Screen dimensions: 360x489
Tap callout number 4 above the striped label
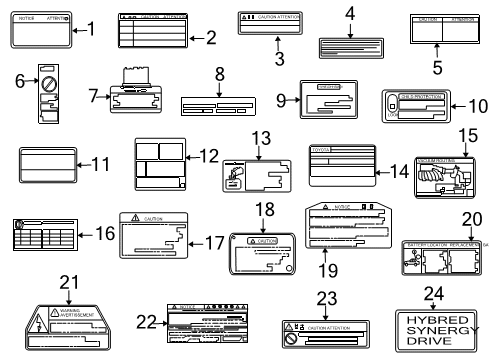pyautogui.click(x=350, y=13)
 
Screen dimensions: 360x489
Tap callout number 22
pyautogui.click(x=147, y=320)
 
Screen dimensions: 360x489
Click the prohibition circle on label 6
pyautogui.click(x=46, y=80)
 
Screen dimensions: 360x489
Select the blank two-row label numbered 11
pyautogui.click(x=51, y=165)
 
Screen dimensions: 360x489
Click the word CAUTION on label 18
pyautogui.click(x=267, y=241)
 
